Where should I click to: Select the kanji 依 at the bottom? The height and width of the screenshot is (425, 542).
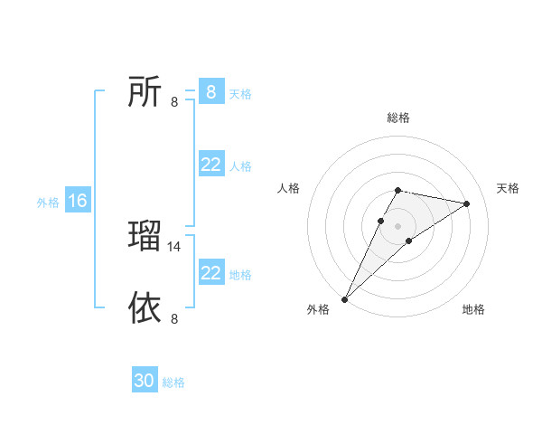tap(145, 307)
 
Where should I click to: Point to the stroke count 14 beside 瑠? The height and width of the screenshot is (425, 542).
tap(175, 246)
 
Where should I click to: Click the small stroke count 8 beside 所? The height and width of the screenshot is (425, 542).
tap(174, 102)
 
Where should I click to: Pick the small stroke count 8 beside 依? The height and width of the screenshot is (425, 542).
tap(174, 318)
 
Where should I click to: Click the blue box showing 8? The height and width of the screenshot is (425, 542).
tap(210, 92)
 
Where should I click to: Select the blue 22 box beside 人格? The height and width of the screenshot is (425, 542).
tap(210, 165)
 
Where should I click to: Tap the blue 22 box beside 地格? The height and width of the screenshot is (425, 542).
tap(210, 273)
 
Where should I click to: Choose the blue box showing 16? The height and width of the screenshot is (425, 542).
tap(77, 202)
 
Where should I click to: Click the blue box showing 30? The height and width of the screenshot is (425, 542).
tap(145, 381)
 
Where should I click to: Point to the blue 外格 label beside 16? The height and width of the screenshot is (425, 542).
tap(48, 203)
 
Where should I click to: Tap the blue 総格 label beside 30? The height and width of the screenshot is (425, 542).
tap(173, 382)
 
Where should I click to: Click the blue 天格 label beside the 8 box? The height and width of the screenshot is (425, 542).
tap(240, 94)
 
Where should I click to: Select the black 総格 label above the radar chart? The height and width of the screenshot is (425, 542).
tap(398, 118)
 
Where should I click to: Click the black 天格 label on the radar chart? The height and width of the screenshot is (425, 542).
tap(509, 188)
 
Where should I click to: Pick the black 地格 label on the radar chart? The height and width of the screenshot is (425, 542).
tap(473, 309)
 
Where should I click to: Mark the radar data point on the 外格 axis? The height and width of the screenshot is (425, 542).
tap(345, 298)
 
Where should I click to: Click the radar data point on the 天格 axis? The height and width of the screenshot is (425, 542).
tap(467, 203)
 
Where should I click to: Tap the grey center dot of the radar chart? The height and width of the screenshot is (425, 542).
tap(398, 225)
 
